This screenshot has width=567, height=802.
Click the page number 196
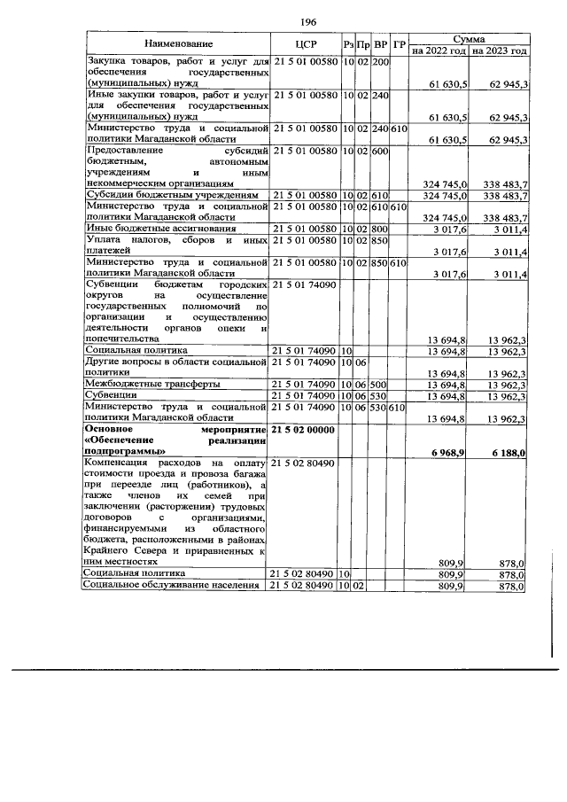tap(308, 21)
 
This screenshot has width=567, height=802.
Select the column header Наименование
tap(176, 44)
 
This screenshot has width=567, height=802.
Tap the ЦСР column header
tap(304, 44)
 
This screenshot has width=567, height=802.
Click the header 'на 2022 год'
tap(439, 51)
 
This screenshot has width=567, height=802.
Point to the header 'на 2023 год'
tap(499, 51)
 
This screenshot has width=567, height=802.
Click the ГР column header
tap(400, 44)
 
